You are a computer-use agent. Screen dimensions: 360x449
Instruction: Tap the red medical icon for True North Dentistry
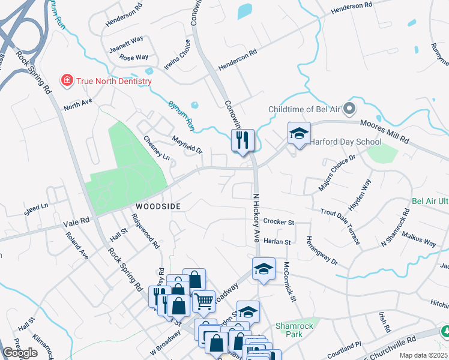pos(67,80)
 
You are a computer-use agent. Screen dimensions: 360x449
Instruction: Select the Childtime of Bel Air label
pos(304,109)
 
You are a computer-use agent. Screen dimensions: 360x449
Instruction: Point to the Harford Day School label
pos(345,142)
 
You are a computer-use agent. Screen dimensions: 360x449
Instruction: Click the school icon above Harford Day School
pos(299,134)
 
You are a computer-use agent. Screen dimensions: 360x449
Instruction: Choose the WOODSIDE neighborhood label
pos(158,206)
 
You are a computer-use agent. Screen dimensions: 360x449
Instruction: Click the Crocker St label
pos(279,222)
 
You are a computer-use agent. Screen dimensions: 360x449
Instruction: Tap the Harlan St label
pos(277,242)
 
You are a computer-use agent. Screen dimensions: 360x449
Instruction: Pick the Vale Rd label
pos(76,221)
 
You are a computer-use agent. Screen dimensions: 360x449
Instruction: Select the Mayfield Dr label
pos(188,144)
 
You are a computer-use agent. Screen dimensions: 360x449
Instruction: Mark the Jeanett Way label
pos(126,44)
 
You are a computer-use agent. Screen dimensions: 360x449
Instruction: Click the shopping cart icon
pos(204,302)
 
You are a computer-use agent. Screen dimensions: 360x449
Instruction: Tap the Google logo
pos(20,353)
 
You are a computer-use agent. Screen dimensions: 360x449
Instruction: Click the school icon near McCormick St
pos(264,269)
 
